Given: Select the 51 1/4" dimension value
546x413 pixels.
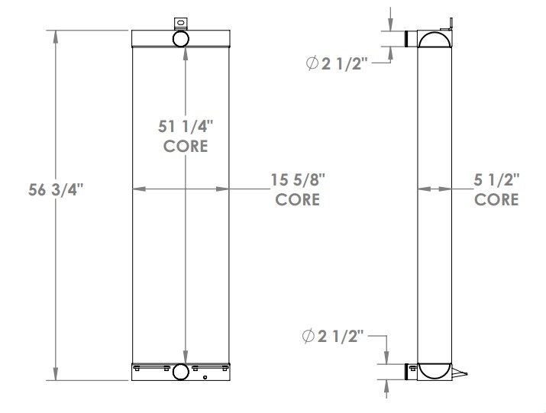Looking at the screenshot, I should coord(185,127).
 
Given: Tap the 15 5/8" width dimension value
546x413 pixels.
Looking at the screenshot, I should coord(298,181).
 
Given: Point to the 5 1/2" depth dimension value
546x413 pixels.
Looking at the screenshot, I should coord(496,181).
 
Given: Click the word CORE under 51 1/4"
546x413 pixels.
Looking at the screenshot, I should coord(186,146).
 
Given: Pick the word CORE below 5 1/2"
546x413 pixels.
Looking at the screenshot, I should coord(496,200).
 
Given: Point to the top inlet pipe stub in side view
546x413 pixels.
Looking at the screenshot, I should coord(411,39).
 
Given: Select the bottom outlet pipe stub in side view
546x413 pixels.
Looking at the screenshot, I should coord(411,372).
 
